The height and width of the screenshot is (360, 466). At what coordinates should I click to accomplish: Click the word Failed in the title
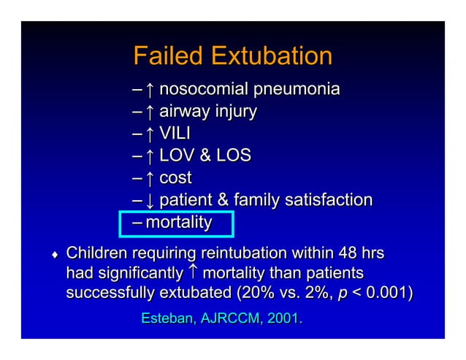[167, 56]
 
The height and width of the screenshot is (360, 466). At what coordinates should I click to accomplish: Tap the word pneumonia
[295, 90]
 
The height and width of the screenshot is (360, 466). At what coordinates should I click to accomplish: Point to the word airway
[182, 112]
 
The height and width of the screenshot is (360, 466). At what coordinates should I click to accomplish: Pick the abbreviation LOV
[179, 156]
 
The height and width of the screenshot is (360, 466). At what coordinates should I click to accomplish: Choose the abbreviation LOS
[233, 156]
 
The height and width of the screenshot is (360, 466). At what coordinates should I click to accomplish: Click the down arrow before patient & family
[149, 200]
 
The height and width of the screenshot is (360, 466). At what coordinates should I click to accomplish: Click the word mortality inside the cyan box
[179, 223]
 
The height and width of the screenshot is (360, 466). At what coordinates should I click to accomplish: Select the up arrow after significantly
[192, 272]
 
